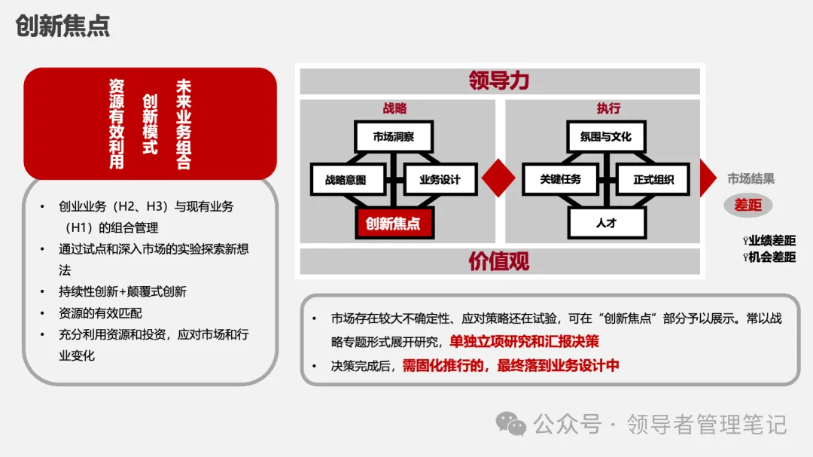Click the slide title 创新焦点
(62, 26)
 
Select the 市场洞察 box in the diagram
(393, 137)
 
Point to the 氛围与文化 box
(606, 137)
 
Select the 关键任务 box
(561, 180)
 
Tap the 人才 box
(606, 223)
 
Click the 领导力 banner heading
(499, 81)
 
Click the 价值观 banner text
(499, 261)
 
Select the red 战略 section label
(394, 108)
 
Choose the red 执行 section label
(608, 108)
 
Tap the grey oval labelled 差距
(748, 204)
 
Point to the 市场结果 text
(751, 179)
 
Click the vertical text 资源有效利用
(117, 123)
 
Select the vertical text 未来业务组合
(183, 123)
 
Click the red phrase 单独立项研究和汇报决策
(525, 341)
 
